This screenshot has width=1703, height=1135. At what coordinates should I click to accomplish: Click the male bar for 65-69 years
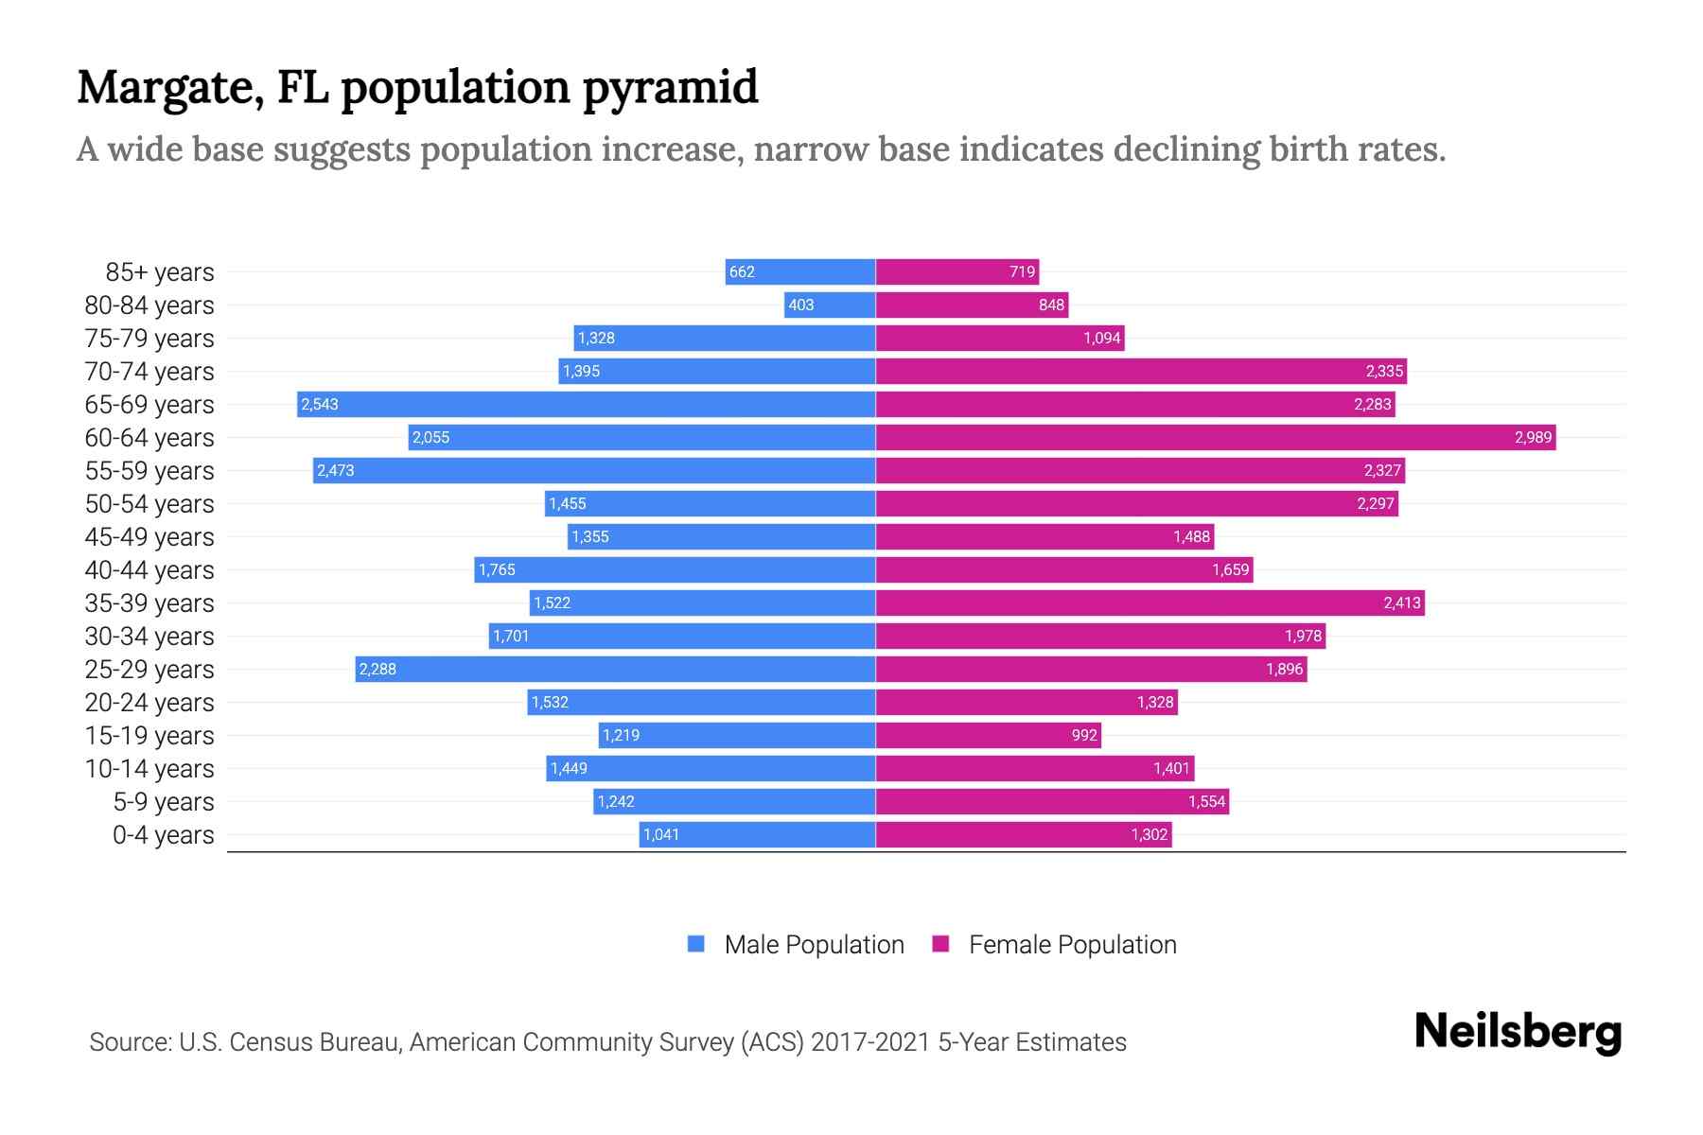tap(587, 404)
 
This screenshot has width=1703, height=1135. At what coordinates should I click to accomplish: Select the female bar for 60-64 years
tap(1216, 437)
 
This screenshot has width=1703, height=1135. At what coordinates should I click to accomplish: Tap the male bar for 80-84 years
tap(830, 305)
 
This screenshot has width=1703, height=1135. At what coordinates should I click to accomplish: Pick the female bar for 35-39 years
tap(1150, 602)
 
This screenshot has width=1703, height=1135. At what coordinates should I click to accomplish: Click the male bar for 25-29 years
tap(615, 669)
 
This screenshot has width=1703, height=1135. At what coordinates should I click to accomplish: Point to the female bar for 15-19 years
tap(989, 735)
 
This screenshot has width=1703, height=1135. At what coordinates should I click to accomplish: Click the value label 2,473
tap(335, 470)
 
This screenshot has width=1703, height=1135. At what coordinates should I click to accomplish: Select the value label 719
tap(1022, 271)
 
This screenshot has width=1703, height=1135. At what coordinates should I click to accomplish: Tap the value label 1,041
tap(660, 834)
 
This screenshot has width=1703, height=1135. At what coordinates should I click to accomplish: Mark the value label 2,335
tap(1383, 371)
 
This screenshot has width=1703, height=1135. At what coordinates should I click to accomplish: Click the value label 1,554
tap(1206, 801)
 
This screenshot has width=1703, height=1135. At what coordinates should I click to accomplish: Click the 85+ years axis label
tap(160, 271)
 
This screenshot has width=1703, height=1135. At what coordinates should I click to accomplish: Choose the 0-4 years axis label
tap(163, 834)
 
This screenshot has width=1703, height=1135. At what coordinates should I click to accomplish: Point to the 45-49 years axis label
tap(149, 536)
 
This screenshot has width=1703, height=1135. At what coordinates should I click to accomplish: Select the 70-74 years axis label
tap(149, 371)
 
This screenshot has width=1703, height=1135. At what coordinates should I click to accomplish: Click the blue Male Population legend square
tap(696, 944)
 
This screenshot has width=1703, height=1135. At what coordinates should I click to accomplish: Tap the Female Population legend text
tap(1072, 944)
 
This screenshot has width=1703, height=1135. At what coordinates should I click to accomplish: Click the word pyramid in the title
tap(670, 87)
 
